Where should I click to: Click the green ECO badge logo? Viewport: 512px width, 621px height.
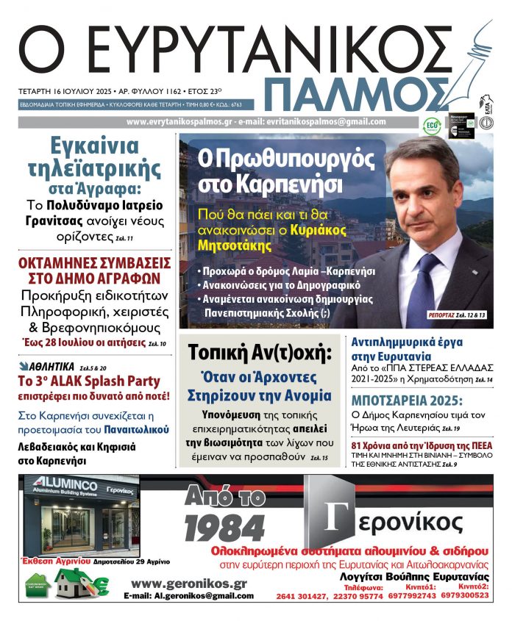tap(432, 126)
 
